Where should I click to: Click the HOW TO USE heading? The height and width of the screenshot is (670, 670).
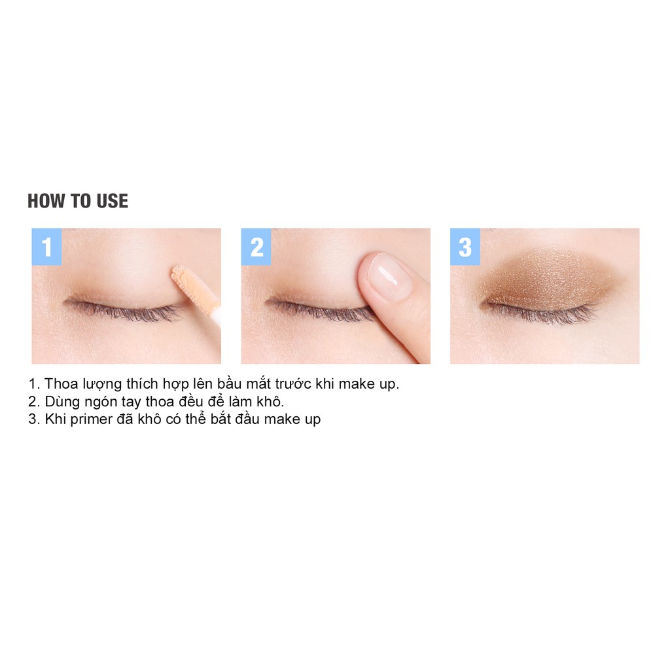pos(78,201)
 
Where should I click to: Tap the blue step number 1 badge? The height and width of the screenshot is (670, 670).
pos(46,247)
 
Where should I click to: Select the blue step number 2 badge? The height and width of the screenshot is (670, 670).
pos(256,247)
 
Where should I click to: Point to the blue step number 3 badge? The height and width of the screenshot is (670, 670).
pos(465,247)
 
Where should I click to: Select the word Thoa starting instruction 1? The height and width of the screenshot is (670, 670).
pos(60,384)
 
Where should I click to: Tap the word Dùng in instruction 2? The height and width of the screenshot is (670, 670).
pos(60,402)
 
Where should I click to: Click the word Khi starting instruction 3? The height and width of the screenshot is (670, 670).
pos(56,419)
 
